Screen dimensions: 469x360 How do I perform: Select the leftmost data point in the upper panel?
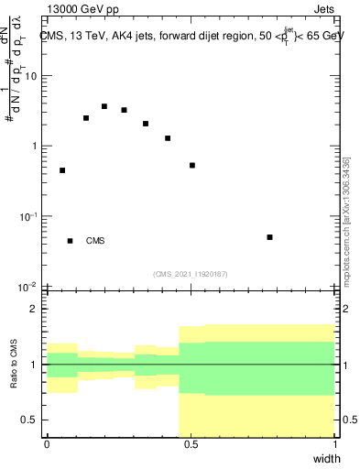62,170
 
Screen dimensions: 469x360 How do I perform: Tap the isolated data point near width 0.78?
269,237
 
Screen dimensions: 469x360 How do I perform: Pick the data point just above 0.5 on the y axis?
192,166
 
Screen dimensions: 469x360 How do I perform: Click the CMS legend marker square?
70,241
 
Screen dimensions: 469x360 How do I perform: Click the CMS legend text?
95,241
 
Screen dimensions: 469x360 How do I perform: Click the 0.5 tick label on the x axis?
191,443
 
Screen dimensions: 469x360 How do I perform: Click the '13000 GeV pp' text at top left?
75,7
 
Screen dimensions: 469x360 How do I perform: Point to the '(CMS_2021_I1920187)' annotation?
190,273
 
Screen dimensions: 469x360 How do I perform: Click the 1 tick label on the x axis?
334,443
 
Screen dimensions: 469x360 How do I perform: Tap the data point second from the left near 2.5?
86,118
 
